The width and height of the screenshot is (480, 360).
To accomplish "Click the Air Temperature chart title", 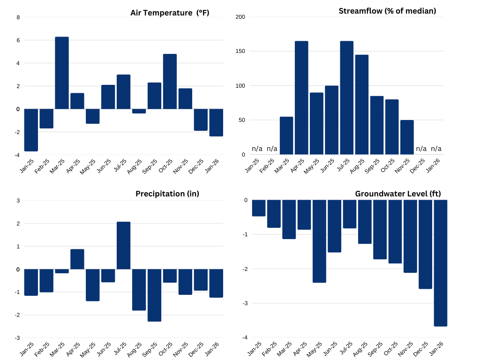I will point(170,13).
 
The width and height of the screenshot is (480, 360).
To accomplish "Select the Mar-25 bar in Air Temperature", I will point(62,73).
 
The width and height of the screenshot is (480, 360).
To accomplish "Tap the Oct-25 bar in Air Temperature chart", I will point(170,82).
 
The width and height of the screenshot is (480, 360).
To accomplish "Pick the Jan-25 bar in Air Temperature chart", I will point(31,130).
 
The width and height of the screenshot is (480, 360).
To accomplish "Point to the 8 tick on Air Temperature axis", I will point(18,17).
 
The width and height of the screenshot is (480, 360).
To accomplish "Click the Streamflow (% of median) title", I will point(387,11).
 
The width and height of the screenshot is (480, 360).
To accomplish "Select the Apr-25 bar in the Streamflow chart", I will point(301,98).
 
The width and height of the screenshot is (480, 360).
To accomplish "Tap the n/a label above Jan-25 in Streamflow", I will point(257,149).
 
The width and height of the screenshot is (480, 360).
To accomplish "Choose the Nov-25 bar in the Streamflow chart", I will point(407,137).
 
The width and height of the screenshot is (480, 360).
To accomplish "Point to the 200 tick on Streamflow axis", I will point(240,17).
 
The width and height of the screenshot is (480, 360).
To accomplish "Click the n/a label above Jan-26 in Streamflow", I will point(436,149).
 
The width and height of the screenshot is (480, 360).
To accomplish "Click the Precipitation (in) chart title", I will point(167,194).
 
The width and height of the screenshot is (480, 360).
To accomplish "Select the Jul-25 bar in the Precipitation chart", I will point(123,246).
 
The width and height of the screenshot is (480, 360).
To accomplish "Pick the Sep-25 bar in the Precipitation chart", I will point(154,295).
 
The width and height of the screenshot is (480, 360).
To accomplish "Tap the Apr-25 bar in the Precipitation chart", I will point(77,259).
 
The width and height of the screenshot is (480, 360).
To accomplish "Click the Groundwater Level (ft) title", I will point(397,194).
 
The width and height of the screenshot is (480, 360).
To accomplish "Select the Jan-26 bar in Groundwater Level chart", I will point(441,263).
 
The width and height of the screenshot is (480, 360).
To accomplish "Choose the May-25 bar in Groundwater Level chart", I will point(319,241).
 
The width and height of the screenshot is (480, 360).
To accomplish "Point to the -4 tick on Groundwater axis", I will point(245,337).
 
